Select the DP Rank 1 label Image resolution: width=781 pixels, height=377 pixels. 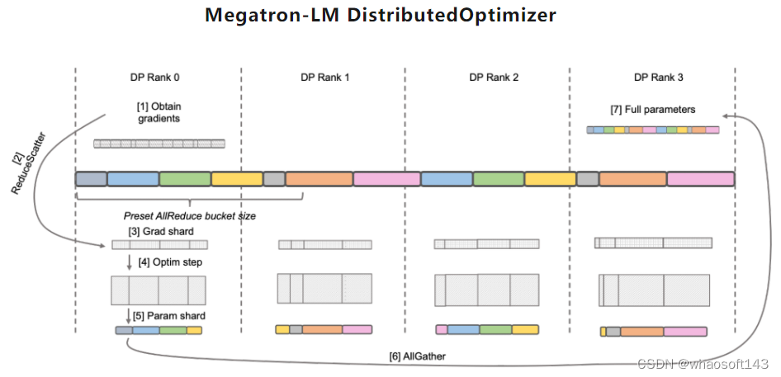324,78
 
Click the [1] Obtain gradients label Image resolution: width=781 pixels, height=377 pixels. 159,112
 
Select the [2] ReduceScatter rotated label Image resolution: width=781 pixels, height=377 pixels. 21,162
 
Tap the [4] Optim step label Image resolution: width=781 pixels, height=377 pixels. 170,262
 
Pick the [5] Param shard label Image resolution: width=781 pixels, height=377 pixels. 169,316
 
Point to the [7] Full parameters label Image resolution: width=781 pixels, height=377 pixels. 652,109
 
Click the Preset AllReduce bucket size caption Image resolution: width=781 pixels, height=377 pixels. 189,215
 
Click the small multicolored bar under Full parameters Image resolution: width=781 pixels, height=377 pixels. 652,130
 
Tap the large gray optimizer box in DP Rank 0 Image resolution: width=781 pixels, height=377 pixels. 158,290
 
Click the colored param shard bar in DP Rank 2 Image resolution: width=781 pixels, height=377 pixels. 487,329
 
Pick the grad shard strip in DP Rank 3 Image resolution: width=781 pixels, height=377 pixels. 652,243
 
